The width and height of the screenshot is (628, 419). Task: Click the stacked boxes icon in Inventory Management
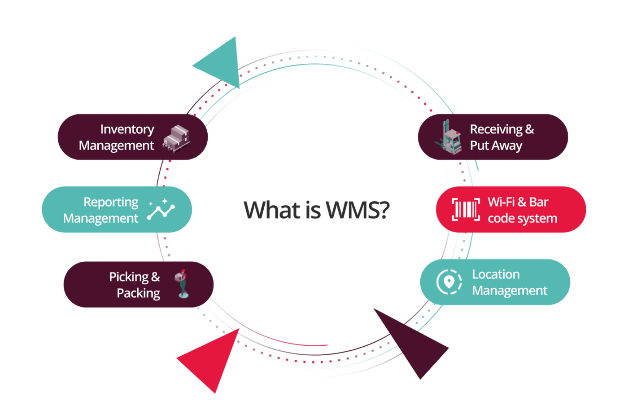tap(176, 138)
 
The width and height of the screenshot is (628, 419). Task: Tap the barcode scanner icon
tap(466, 209)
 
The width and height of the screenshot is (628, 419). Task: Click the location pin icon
tap(449, 282)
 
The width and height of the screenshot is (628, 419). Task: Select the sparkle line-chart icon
tap(161, 209)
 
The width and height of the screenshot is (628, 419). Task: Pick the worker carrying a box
tap(182, 283)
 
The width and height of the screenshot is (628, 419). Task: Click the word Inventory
tap(127, 129)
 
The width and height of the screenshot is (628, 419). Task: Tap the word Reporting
tap(111, 202)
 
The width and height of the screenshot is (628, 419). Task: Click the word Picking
tap(129, 277)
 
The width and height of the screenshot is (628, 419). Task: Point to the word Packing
tap(138, 293)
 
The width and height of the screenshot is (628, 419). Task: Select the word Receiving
tap(496, 129)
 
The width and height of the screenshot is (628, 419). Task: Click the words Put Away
tap(496, 146)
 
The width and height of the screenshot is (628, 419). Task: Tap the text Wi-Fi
tap(501, 202)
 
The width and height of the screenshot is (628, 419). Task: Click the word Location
tap(496, 274)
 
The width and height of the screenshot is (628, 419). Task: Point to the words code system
tap(522, 218)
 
